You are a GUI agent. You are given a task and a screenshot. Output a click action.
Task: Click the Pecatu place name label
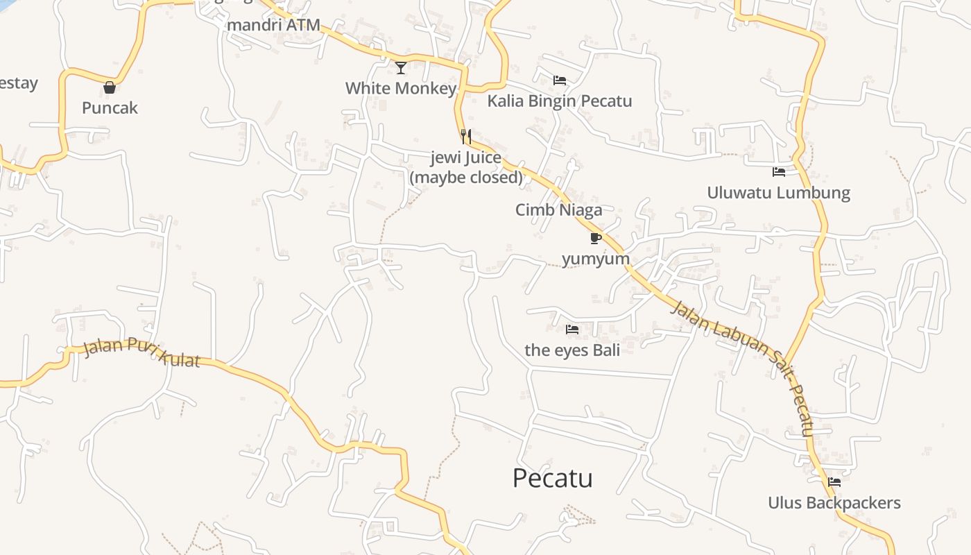coord(552,478)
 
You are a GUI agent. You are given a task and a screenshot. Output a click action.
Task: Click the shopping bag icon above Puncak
coord(110,87)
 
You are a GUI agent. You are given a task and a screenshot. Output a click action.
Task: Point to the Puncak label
coord(110,108)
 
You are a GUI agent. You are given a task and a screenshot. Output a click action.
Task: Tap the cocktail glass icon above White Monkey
coord(401,67)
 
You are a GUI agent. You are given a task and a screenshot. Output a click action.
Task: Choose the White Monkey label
coord(401,88)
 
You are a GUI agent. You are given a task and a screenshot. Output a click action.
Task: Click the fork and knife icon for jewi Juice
coord(466,136)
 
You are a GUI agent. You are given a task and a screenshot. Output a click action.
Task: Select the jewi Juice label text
coord(466,157)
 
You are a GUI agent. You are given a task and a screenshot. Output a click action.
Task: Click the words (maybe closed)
coord(466,177)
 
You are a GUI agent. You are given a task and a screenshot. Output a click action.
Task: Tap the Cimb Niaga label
coord(558,210)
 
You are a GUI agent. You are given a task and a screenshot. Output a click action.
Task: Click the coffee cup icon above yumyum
coord(595,239)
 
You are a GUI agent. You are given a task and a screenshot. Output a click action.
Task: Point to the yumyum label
coord(596,259)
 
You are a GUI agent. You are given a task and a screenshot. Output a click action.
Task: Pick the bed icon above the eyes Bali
coord(572,330)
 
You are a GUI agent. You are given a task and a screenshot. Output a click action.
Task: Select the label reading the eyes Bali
coord(572,350)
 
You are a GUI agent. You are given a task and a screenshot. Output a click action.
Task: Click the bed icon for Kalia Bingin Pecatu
coord(560,80)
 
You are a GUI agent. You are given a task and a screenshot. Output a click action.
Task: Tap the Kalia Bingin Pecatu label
coord(560,101)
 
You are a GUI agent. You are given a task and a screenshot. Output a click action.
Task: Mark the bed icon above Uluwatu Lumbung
coord(779,171)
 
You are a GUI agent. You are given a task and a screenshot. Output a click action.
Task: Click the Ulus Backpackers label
coord(834,502)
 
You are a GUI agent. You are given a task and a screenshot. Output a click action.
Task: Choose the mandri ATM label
coord(274,25)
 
